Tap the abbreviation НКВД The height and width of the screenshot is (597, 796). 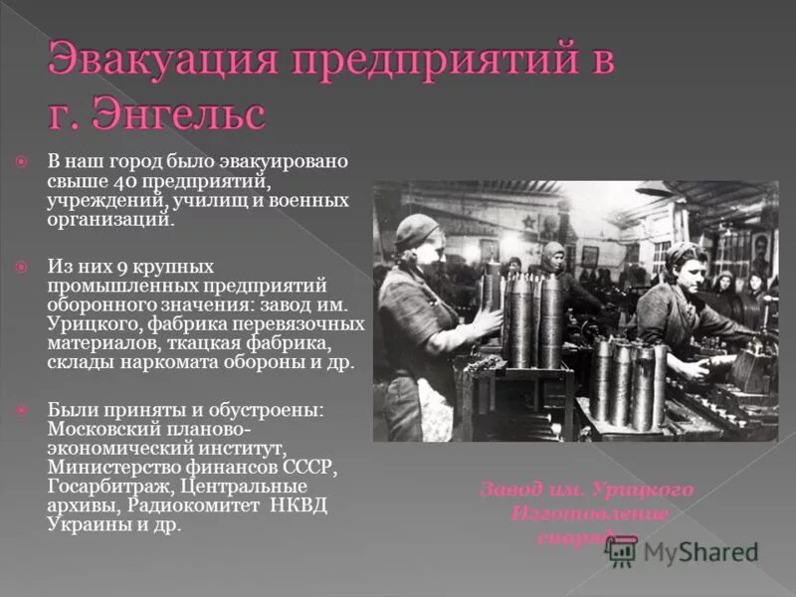click(x=300, y=505)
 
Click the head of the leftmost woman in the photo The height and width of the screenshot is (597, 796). click(x=416, y=236)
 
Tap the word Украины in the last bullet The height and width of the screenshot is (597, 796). click(x=82, y=524)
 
